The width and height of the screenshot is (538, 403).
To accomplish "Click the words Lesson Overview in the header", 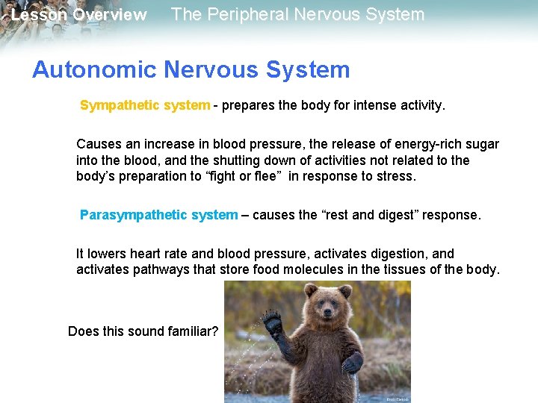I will (x=78, y=15).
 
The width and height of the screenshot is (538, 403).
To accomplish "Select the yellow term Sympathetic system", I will (x=145, y=105).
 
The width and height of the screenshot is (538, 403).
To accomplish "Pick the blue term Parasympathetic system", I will (x=158, y=215).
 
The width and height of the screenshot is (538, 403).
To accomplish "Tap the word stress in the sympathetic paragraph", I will (x=398, y=176).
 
